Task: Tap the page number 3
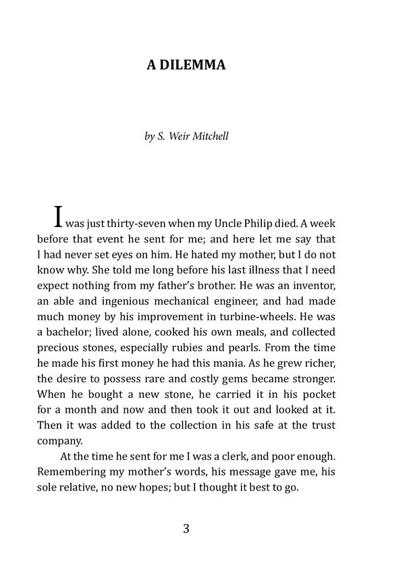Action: pos(186,529)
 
